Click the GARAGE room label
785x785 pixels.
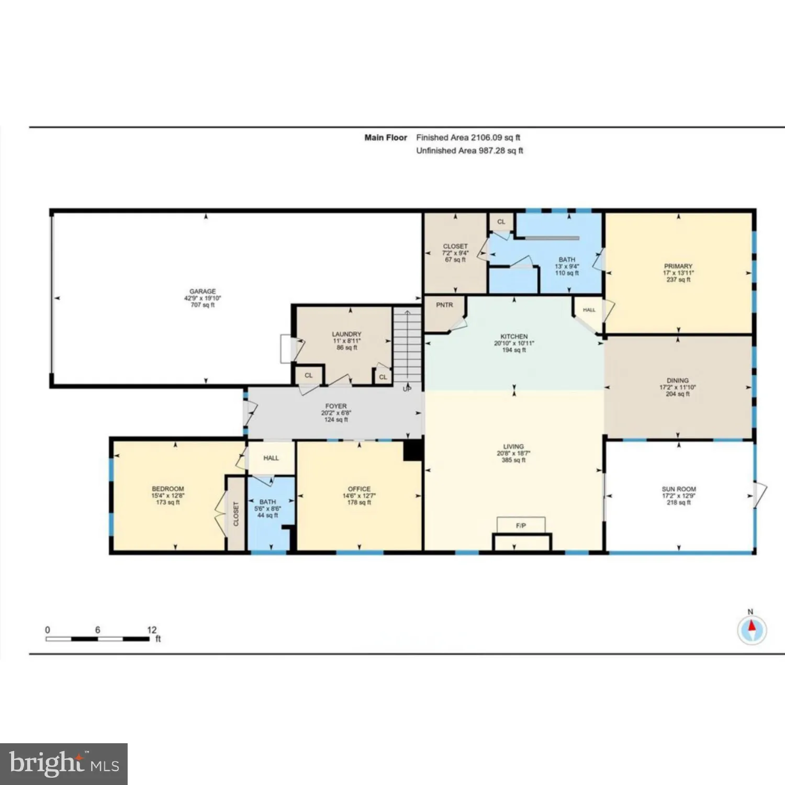(x=203, y=291)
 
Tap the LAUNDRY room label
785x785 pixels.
(x=346, y=334)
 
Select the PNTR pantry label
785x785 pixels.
(x=444, y=305)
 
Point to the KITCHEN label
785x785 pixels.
(x=514, y=337)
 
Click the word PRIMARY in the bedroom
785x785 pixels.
(x=678, y=266)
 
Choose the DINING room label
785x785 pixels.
(x=678, y=380)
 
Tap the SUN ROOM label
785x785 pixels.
(x=679, y=489)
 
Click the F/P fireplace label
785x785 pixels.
(x=521, y=525)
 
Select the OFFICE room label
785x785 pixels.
(x=359, y=489)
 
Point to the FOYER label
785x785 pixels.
(x=336, y=406)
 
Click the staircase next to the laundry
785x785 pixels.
(x=407, y=345)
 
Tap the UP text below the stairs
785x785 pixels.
(x=407, y=389)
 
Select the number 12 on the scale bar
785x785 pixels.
(x=152, y=630)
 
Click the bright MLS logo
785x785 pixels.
(x=64, y=764)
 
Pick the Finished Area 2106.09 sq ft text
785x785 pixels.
(x=468, y=138)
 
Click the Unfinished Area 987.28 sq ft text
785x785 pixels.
(x=469, y=151)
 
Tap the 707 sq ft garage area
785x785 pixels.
(x=203, y=305)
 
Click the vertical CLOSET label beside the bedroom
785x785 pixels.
(x=236, y=514)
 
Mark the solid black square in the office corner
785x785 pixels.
(x=413, y=451)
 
